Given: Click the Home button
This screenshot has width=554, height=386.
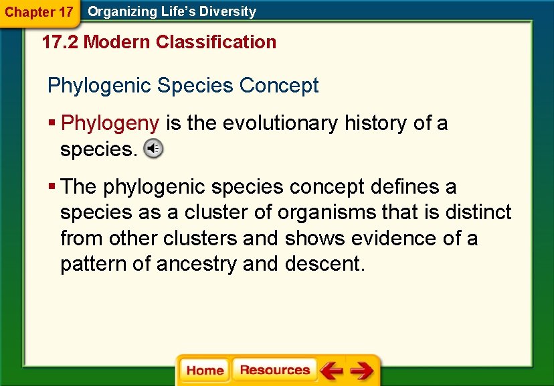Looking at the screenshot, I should pos(205,371).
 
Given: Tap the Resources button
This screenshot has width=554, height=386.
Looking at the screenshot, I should pos(274,370).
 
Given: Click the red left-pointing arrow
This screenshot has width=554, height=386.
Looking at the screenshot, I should pos(331,370).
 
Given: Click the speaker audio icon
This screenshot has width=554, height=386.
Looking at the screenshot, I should pos(153,149).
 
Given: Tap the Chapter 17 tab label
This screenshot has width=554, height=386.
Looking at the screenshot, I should pos(39,12).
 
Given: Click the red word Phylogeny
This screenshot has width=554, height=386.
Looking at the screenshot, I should pos(110,123).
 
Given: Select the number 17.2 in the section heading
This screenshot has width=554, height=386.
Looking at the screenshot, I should pos(60,42).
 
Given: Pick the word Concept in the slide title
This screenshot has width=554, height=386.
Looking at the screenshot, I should pos(279,86).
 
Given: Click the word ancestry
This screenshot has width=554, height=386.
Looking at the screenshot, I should pos(197,264).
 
